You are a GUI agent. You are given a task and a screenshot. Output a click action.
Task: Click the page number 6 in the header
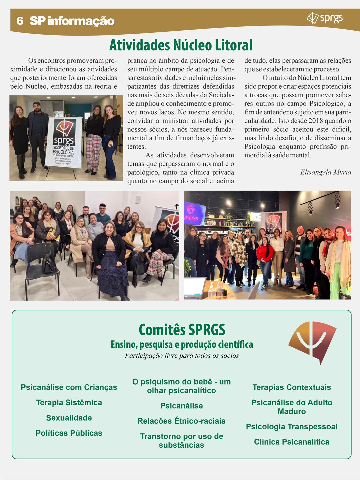tap(20, 21)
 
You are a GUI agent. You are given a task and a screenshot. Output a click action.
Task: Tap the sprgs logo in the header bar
tap(325, 18)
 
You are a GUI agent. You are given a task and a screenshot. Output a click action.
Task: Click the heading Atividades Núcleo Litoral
tap(181, 45)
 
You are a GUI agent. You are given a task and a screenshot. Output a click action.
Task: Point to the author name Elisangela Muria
tap(325, 172)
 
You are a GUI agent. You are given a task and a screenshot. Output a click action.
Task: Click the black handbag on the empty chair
tap(49, 263)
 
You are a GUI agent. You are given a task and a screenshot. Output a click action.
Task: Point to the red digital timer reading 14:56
tap(191, 218)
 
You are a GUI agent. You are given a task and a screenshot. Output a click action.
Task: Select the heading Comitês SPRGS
tap(182, 330)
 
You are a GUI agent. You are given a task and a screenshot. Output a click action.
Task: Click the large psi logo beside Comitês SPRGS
tap(312, 342)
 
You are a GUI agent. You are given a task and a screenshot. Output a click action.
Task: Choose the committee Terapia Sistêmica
tap(69, 403)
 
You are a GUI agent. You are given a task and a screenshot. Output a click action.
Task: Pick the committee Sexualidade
tap(69, 418)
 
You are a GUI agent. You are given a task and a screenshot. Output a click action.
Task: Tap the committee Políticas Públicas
tap(69, 433)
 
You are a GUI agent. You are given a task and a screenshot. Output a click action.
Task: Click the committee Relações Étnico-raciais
tap(181, 421)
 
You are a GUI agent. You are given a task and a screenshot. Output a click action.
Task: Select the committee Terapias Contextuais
tap(292, 387)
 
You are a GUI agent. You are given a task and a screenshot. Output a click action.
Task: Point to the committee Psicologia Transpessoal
tap(292, 427)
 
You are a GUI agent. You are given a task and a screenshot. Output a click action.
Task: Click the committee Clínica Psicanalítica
tap(292, 442)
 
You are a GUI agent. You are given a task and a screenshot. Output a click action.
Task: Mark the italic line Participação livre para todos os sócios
tap(182, 356)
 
